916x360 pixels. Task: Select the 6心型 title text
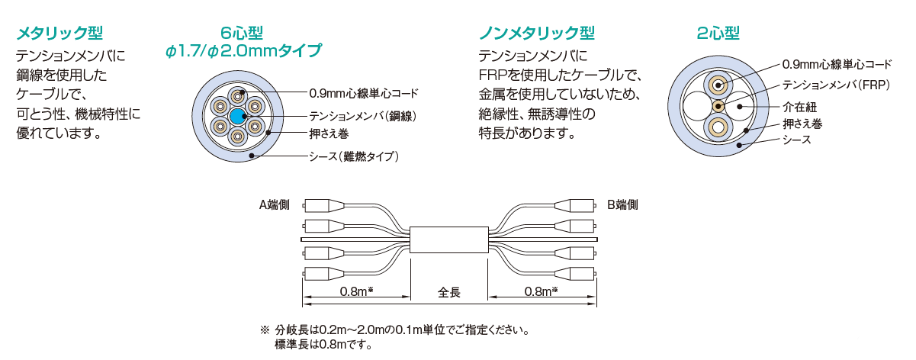pos(242,33)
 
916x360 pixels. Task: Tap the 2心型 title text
pos(718,33)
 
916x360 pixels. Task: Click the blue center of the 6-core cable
pos(237,117)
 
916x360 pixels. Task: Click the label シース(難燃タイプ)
pos(354,157)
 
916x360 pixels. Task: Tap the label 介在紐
pos(799,107)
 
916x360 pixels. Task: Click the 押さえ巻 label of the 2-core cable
pos(802,124)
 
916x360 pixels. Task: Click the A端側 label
pos(275,204)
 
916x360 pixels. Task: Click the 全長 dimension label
pos(448,291)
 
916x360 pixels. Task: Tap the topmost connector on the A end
pos(324,205)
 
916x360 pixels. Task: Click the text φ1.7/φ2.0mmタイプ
pos(242,51)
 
